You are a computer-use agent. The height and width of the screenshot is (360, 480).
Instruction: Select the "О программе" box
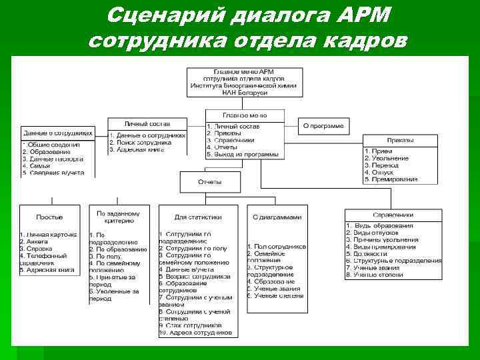pyautogui.click(x=323, y=125)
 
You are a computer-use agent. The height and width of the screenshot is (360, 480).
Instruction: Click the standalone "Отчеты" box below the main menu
pyautogui.click(x=209, y=181)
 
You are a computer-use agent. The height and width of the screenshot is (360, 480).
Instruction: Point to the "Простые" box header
pyautogui.click(x=50, y=217)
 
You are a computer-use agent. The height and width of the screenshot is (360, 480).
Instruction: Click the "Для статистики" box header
pyautogui.click(x=197, y=217)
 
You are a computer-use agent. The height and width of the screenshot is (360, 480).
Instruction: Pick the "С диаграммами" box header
pyautogui.click(x=277, y=217)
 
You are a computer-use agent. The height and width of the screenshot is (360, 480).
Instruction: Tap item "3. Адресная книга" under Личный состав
pyautogui.click(x=139, y=149)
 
